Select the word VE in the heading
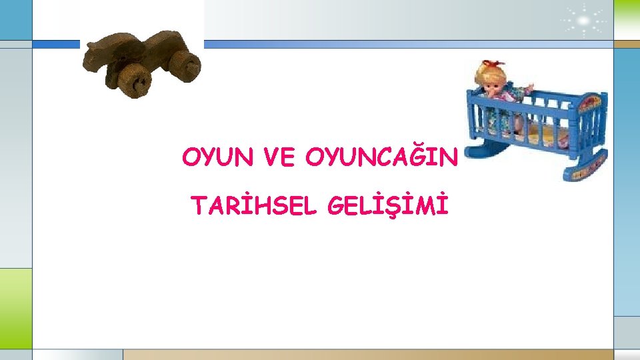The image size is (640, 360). click(280, 158)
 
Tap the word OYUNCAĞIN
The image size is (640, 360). click(382, 158)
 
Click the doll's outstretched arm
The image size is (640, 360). click(525, 88)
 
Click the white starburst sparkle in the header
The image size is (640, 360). click(581, 20)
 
